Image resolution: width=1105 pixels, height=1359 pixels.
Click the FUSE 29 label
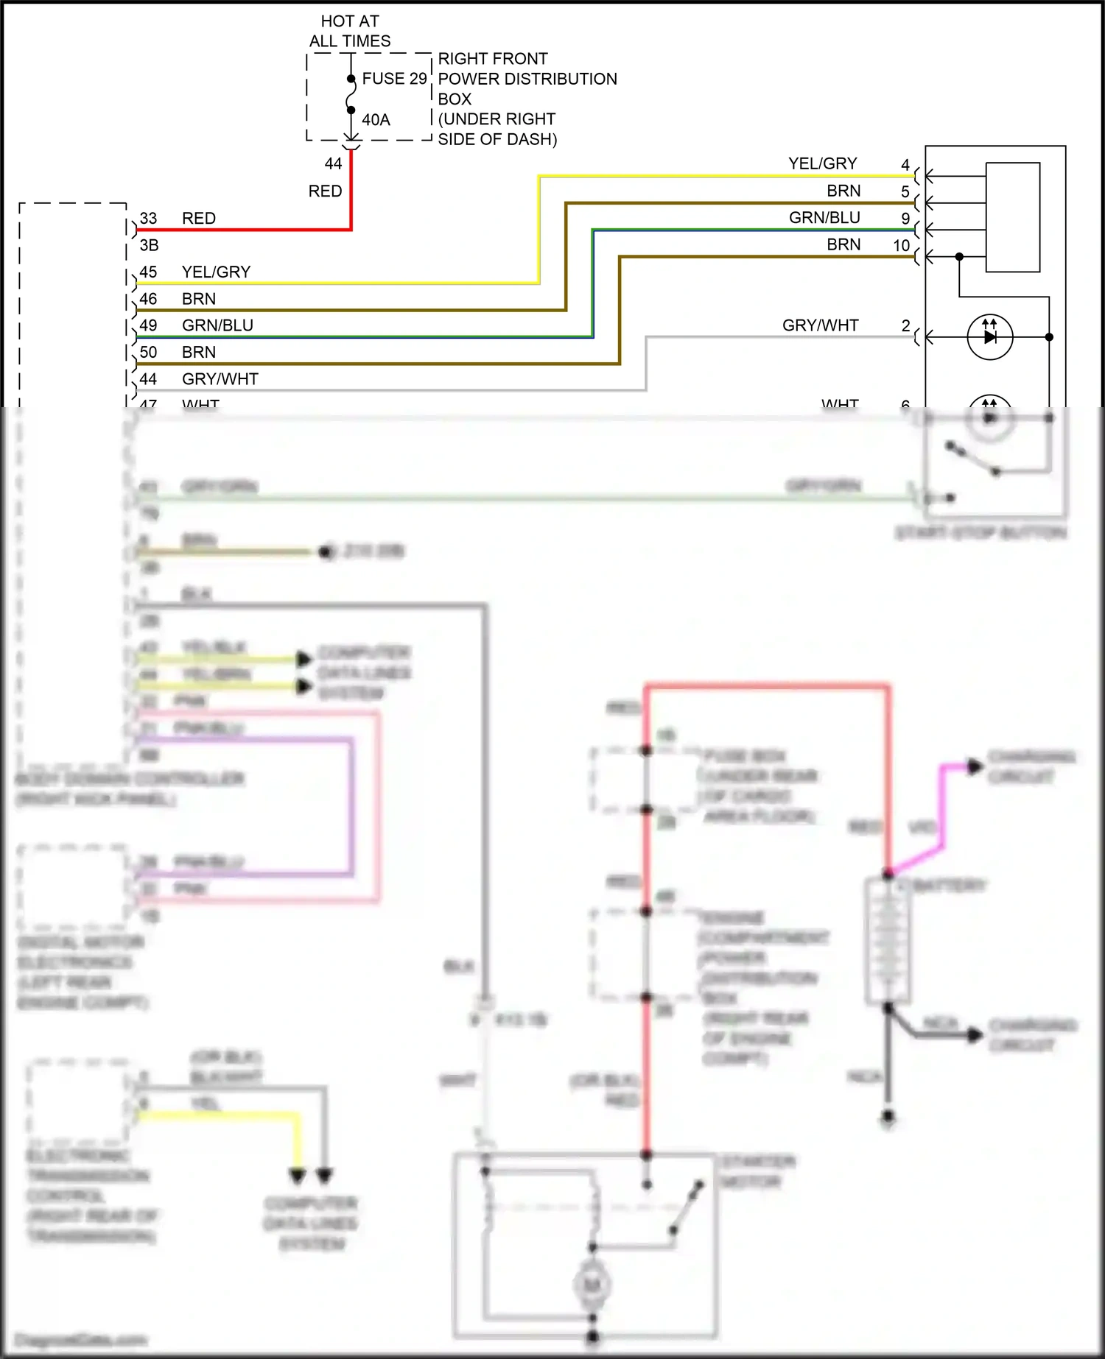tap(394, 79)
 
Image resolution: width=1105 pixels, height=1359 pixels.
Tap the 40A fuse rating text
tap(376, 120)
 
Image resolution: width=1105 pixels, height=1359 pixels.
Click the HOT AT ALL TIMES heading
tap(350, 31)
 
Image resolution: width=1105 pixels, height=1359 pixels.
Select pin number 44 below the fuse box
tap(333, 164)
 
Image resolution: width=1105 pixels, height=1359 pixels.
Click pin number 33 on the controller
tap(148, 219)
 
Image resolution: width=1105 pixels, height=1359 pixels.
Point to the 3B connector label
tap(149, 245)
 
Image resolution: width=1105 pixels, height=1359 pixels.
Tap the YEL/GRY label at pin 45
tap(216, 272)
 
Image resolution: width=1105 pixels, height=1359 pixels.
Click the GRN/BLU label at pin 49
tap(217, 325)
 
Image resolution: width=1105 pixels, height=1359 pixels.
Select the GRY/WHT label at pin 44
tap(220, 379)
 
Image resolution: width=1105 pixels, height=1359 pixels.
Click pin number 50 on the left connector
tap(148, 353)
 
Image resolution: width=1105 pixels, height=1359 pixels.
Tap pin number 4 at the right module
tap(905, 165)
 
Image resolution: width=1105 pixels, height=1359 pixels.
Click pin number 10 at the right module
tap(902, 246)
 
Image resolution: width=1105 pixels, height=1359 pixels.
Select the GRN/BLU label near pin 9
tap(824, 218)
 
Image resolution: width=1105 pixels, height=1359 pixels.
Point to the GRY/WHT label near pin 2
tap(820, 325)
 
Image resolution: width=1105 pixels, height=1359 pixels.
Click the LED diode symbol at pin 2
tap(989, 337)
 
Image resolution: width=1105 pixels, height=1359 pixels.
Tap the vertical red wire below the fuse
tap(351, 191)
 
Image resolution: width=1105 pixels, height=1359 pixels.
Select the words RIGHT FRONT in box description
tap(493, 59)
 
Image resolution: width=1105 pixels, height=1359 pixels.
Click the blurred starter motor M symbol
tap(592, 1285)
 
